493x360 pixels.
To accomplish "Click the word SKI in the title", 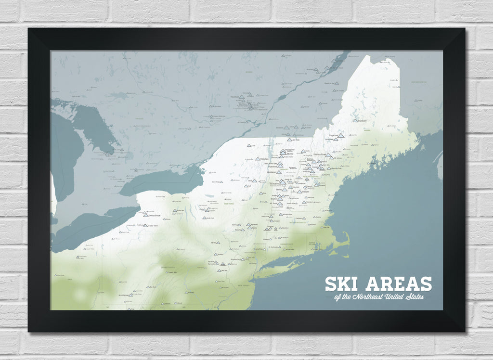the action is click(x=342, y=284).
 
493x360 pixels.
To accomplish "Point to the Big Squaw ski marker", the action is click(x=355, y=121).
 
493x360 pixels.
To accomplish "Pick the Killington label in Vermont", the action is click(x=274, y=183).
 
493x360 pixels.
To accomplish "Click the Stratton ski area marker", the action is click(x=280, y=197).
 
